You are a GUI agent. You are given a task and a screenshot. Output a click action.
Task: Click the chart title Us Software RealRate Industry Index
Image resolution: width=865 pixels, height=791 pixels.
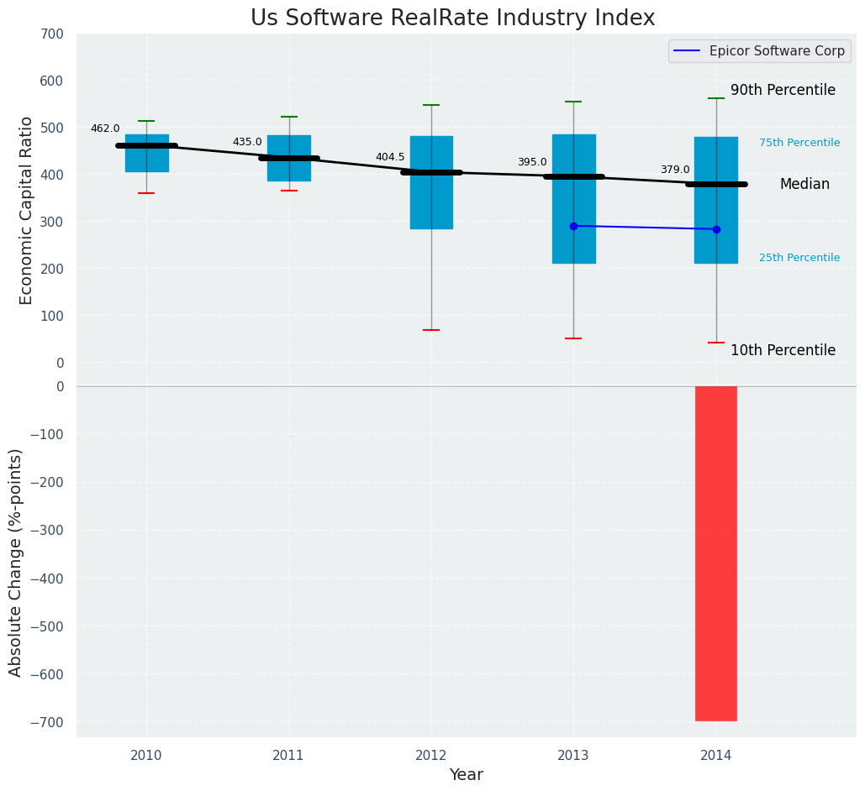452,18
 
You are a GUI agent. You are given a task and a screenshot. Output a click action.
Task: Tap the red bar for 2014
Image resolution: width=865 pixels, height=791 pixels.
716,553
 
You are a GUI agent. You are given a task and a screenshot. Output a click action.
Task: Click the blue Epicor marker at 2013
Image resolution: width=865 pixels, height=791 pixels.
574,226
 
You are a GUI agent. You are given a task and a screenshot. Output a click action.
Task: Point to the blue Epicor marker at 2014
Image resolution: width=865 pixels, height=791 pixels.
716,229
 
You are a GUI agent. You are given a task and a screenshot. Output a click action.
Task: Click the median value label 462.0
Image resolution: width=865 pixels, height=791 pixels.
105,128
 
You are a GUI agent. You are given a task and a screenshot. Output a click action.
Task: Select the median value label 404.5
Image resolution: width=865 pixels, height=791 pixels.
390,157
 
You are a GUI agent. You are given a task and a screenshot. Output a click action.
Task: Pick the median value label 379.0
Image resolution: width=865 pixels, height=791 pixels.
675,170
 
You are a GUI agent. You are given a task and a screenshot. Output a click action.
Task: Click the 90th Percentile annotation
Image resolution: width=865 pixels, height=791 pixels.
783,90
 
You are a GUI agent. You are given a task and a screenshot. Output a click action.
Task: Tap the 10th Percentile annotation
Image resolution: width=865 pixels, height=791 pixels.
783,350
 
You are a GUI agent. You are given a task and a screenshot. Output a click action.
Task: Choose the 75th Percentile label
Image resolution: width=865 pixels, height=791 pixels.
799,143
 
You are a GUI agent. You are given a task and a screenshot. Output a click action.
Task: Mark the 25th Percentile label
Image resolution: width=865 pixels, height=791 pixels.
799,258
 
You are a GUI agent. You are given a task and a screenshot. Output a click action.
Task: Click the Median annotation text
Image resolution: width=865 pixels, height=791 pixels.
804,184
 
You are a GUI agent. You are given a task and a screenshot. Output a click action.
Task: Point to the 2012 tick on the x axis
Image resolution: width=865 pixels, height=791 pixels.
431,756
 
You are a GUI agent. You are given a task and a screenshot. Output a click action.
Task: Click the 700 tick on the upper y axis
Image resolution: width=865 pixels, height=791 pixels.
50,34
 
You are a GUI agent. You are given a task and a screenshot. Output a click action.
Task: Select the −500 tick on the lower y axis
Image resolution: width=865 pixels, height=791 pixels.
46,626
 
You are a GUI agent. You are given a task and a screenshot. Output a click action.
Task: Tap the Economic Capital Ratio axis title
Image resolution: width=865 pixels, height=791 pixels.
26,210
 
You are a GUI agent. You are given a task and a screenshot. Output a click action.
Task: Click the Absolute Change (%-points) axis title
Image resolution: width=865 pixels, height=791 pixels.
16,562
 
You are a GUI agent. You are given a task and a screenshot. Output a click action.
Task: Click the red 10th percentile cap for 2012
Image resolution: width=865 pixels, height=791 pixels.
431,330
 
